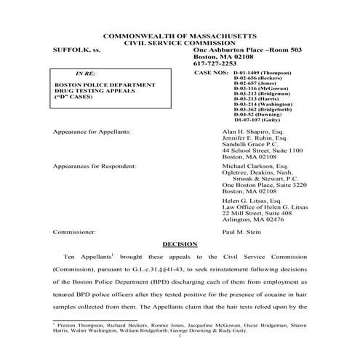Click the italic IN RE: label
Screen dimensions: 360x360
pos(85,74)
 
